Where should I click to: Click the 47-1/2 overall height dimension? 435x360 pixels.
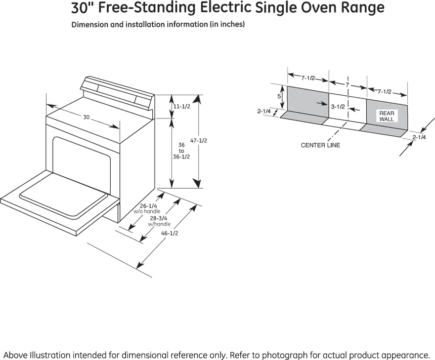tap(199, 141)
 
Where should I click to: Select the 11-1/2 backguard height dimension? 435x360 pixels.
tap(181, 107)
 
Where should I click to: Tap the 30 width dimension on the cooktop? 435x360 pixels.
tap(87, 118)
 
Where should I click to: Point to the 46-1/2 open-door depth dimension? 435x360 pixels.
tap(170, 233)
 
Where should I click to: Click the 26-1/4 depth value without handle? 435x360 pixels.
tap(148, 206)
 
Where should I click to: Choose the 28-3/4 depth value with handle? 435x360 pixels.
tap(159, 218)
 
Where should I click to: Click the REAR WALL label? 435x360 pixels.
tap(387, 116)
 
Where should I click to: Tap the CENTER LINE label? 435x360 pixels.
tap(320, 145)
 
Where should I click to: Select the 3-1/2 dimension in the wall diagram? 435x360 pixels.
tap(338, 107)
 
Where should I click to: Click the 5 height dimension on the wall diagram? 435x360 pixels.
tap(279, 96)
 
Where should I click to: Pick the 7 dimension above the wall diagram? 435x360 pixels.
tap(347, 85)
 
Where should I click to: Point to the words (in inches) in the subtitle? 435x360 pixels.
tap(226, 24)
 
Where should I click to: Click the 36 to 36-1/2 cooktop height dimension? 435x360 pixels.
tap(181, 151)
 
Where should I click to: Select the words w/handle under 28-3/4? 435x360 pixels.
tap(159, 224)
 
